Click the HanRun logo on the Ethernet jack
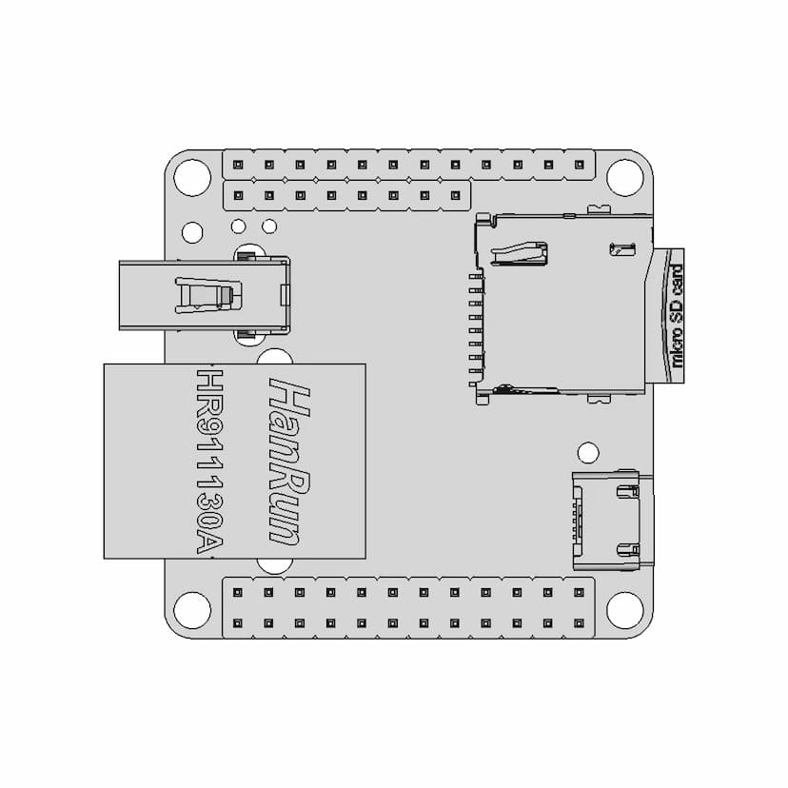tap(289, 462)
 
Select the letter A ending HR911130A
tap(209, 542)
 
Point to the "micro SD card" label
tap(677, 316)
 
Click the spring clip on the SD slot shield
tap(519, 253)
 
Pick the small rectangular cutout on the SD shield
tap(622, 248)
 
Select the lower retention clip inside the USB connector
tap(628, 550)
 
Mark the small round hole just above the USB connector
tap(588, 453)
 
